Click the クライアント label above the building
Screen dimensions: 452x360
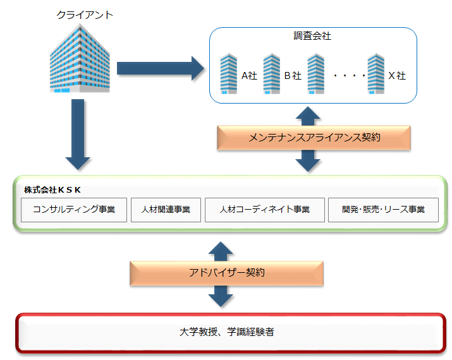(85, 15)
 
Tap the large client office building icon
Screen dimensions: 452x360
(80, 58)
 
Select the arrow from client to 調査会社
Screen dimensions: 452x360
(161, 69)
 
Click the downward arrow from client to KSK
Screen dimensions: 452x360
(78, 135)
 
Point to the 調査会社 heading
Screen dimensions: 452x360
(312, 36)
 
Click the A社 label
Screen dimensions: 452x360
(249, 76)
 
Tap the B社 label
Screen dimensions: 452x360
(293, 76)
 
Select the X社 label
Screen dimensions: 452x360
(397, 76)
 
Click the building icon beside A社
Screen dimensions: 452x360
(229, 74)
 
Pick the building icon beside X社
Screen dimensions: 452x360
(376, 74)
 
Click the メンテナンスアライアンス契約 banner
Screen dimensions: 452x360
(314, 138)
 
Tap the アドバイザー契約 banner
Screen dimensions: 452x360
(226, 273)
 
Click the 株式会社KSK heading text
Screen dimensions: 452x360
(52, 190)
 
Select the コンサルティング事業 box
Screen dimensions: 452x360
(74, 210)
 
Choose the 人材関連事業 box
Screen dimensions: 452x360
(166, 210)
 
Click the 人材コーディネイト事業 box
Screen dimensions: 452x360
(265, 210)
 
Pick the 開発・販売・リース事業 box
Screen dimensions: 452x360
(383, 210)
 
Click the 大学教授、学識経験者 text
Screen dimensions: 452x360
(226, 332)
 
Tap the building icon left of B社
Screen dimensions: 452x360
(272, 74)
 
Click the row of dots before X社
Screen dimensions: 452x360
(350, 76)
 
